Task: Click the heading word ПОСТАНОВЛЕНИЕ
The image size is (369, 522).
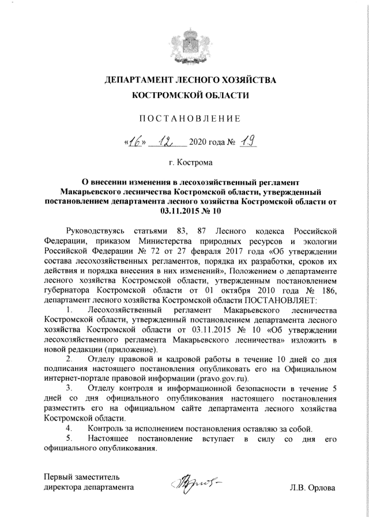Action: [184, 119]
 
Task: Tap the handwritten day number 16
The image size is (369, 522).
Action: [136, 141]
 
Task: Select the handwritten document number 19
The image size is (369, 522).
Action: [231, 141]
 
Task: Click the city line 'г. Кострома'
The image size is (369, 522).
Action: [184, 163]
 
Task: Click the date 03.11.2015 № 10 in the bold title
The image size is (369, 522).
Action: [184, 211]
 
